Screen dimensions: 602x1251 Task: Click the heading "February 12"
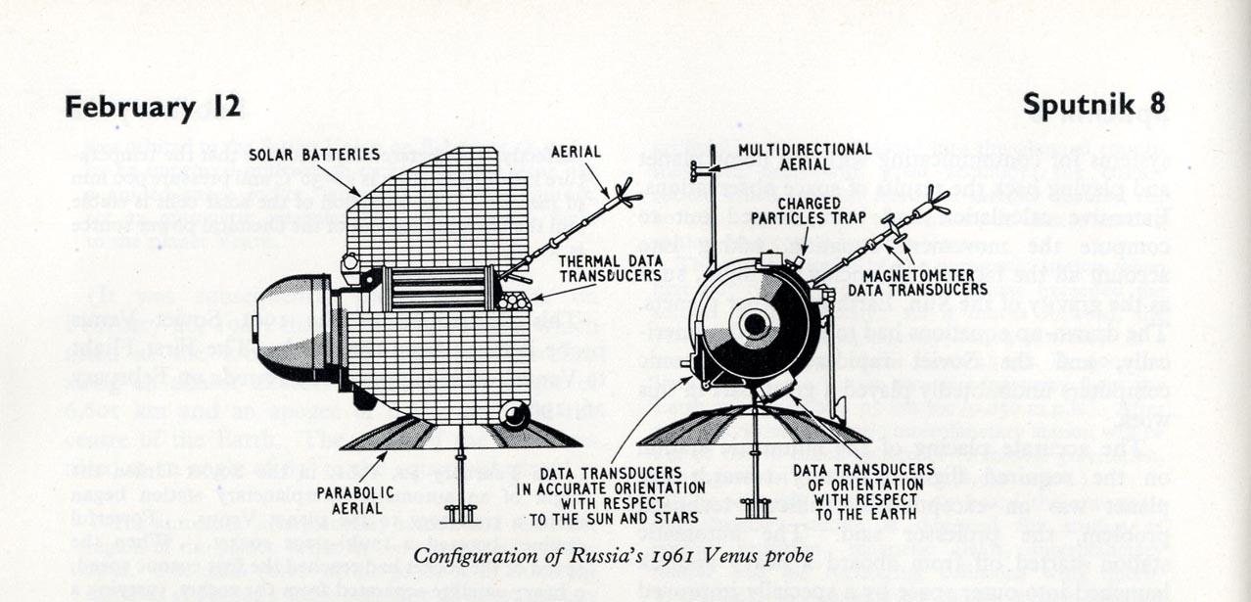pos(153,107)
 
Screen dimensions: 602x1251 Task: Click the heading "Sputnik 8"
pos(1093,105)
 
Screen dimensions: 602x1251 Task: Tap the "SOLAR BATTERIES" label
pos(313,155)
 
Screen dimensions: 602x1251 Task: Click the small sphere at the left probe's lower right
pos(514,414)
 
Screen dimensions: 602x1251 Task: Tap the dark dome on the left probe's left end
pos(290,329)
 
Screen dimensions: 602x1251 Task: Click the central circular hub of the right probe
pos(755,324)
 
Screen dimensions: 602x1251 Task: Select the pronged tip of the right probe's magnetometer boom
pos(935,204)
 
